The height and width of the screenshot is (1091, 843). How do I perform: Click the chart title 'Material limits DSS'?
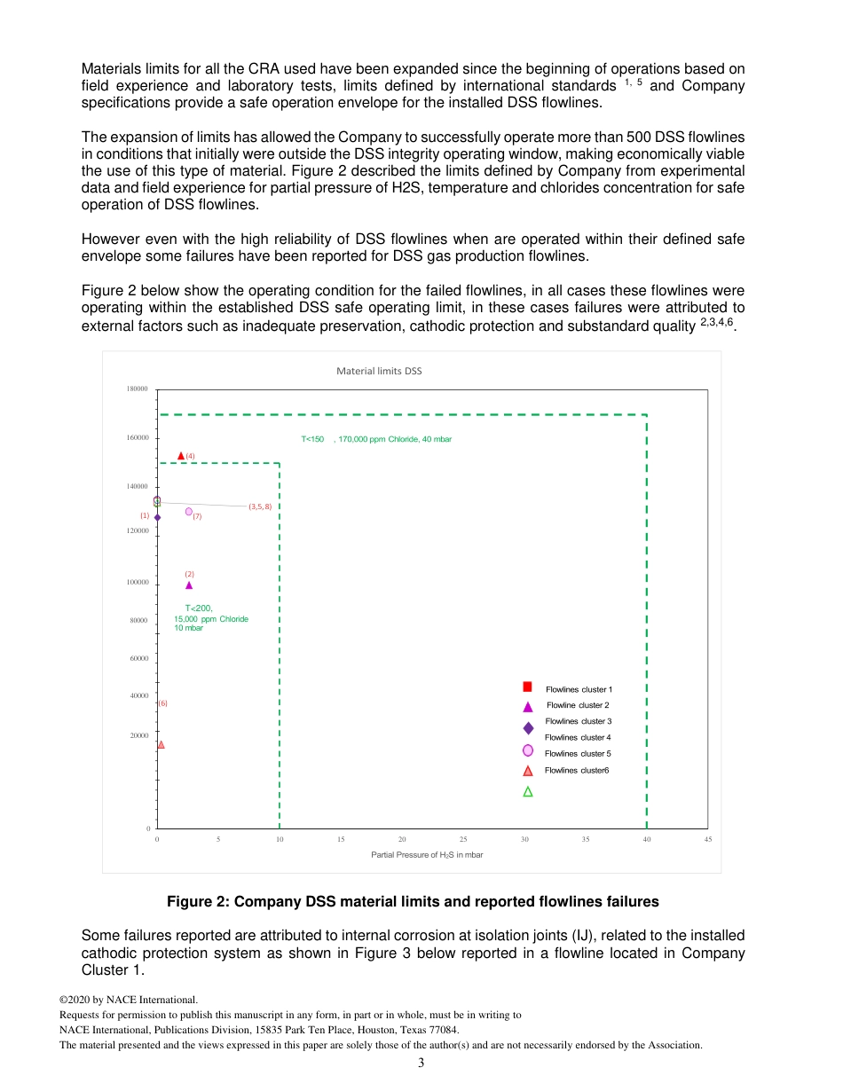379,371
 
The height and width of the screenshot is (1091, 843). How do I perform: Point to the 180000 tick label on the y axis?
136,389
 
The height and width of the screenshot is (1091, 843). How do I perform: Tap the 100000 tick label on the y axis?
136,583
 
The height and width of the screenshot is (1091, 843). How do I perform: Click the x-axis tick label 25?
463,838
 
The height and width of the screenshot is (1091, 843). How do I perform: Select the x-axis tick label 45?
707,838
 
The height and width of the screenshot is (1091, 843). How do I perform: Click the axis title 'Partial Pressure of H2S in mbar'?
427,855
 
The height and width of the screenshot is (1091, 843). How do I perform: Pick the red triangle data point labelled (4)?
181,455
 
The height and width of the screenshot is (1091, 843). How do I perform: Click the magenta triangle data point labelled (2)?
189,585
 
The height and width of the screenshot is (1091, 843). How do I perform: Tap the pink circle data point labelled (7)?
189,512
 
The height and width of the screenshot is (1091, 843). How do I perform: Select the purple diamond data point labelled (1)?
157,517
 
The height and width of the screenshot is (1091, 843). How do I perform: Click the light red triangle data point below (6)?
161,744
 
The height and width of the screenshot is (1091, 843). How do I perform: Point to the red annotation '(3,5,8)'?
260,506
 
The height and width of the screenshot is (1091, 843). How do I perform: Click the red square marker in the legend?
527,687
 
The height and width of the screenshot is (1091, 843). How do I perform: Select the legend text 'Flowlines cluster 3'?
578,721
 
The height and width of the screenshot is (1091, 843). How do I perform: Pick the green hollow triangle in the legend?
527,791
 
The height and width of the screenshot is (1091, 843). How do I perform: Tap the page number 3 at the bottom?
421,1064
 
